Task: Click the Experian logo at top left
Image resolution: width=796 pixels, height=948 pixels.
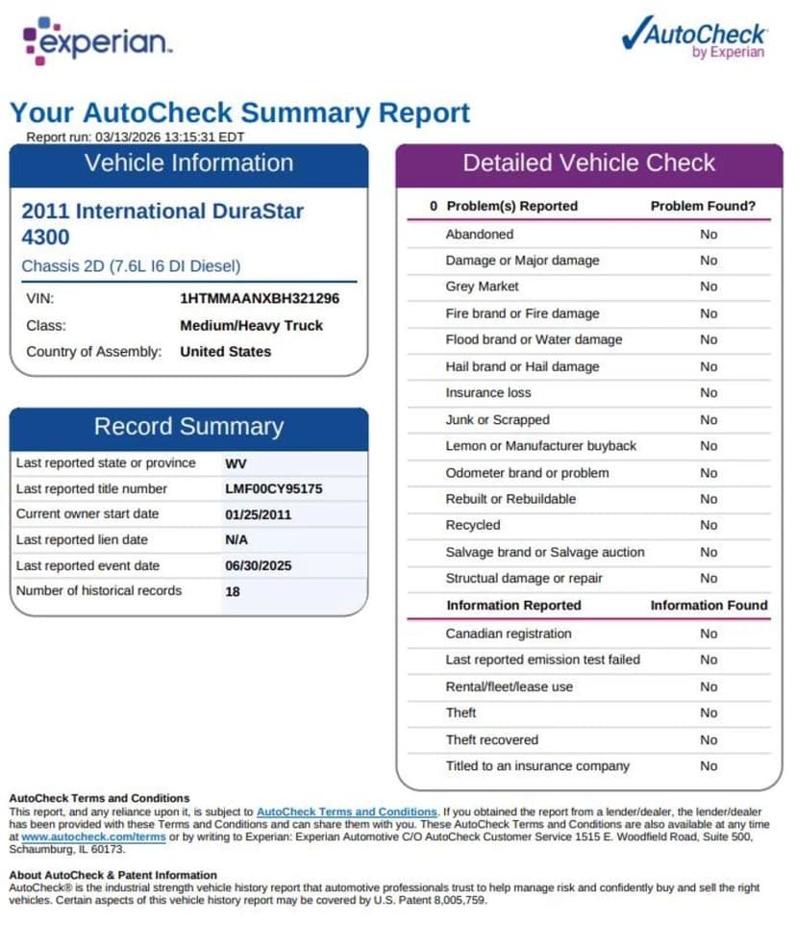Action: pos(97,41)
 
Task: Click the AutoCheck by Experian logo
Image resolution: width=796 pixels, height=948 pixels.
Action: pos(694,37)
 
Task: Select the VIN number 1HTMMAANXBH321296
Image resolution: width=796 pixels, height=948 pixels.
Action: pos(260,299)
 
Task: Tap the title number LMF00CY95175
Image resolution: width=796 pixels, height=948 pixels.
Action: pos(274,488)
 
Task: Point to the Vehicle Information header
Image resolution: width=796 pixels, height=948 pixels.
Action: pos(188,163)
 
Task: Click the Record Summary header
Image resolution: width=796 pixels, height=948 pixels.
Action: pos(188,427)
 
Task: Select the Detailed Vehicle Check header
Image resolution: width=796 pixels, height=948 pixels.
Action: pos(588,163)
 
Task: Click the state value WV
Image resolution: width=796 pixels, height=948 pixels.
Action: pos(236,463)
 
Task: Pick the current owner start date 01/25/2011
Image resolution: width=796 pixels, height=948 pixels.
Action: pos(258,514)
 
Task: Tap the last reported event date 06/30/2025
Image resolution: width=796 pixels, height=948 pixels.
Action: pos(258,566)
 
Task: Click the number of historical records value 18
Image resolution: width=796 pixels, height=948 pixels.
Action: pos(233,591)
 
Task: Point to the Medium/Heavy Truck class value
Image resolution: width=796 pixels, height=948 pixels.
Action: pos(252,325)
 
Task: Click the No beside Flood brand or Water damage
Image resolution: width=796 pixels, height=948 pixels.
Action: pos(709,339)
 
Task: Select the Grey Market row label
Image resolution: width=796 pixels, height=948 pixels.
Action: pos(482,287)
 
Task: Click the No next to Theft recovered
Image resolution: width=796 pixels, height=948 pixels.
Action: pos(709,739)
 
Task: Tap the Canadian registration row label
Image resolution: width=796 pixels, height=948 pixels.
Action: pos(508,634)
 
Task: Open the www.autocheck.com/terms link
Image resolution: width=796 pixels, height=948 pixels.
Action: pos(93,837)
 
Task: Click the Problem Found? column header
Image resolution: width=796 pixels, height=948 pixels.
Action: pos(703,206)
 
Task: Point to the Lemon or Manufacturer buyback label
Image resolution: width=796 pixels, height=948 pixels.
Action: pos(540,446)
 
